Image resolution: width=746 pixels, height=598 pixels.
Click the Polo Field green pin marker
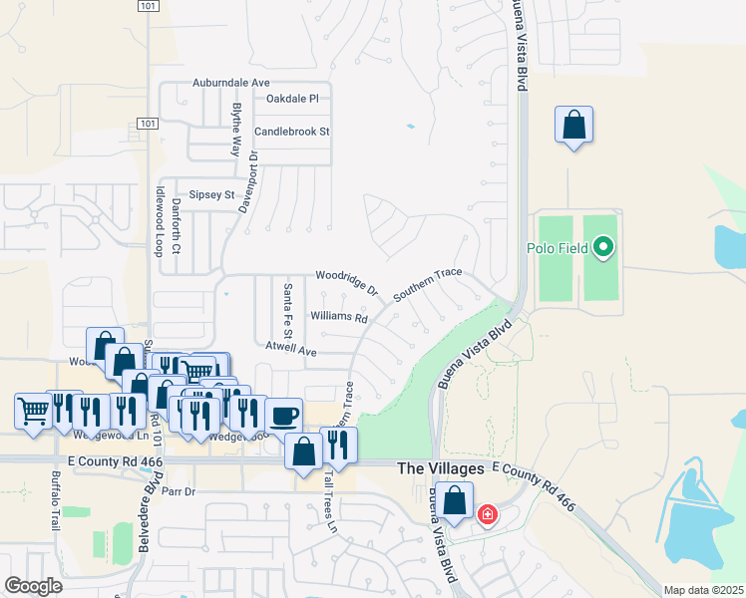602,246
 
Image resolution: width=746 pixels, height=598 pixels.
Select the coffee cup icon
283,415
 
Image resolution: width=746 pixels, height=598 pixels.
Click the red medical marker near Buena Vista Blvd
488,515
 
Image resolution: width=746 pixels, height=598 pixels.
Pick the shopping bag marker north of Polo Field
573,126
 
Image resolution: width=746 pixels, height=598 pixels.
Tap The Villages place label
440,467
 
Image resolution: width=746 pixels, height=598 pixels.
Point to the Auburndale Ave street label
231,82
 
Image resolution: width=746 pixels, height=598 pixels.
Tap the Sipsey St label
211,195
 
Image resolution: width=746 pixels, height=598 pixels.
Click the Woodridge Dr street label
347,282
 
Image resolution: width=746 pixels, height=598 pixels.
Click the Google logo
34,586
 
